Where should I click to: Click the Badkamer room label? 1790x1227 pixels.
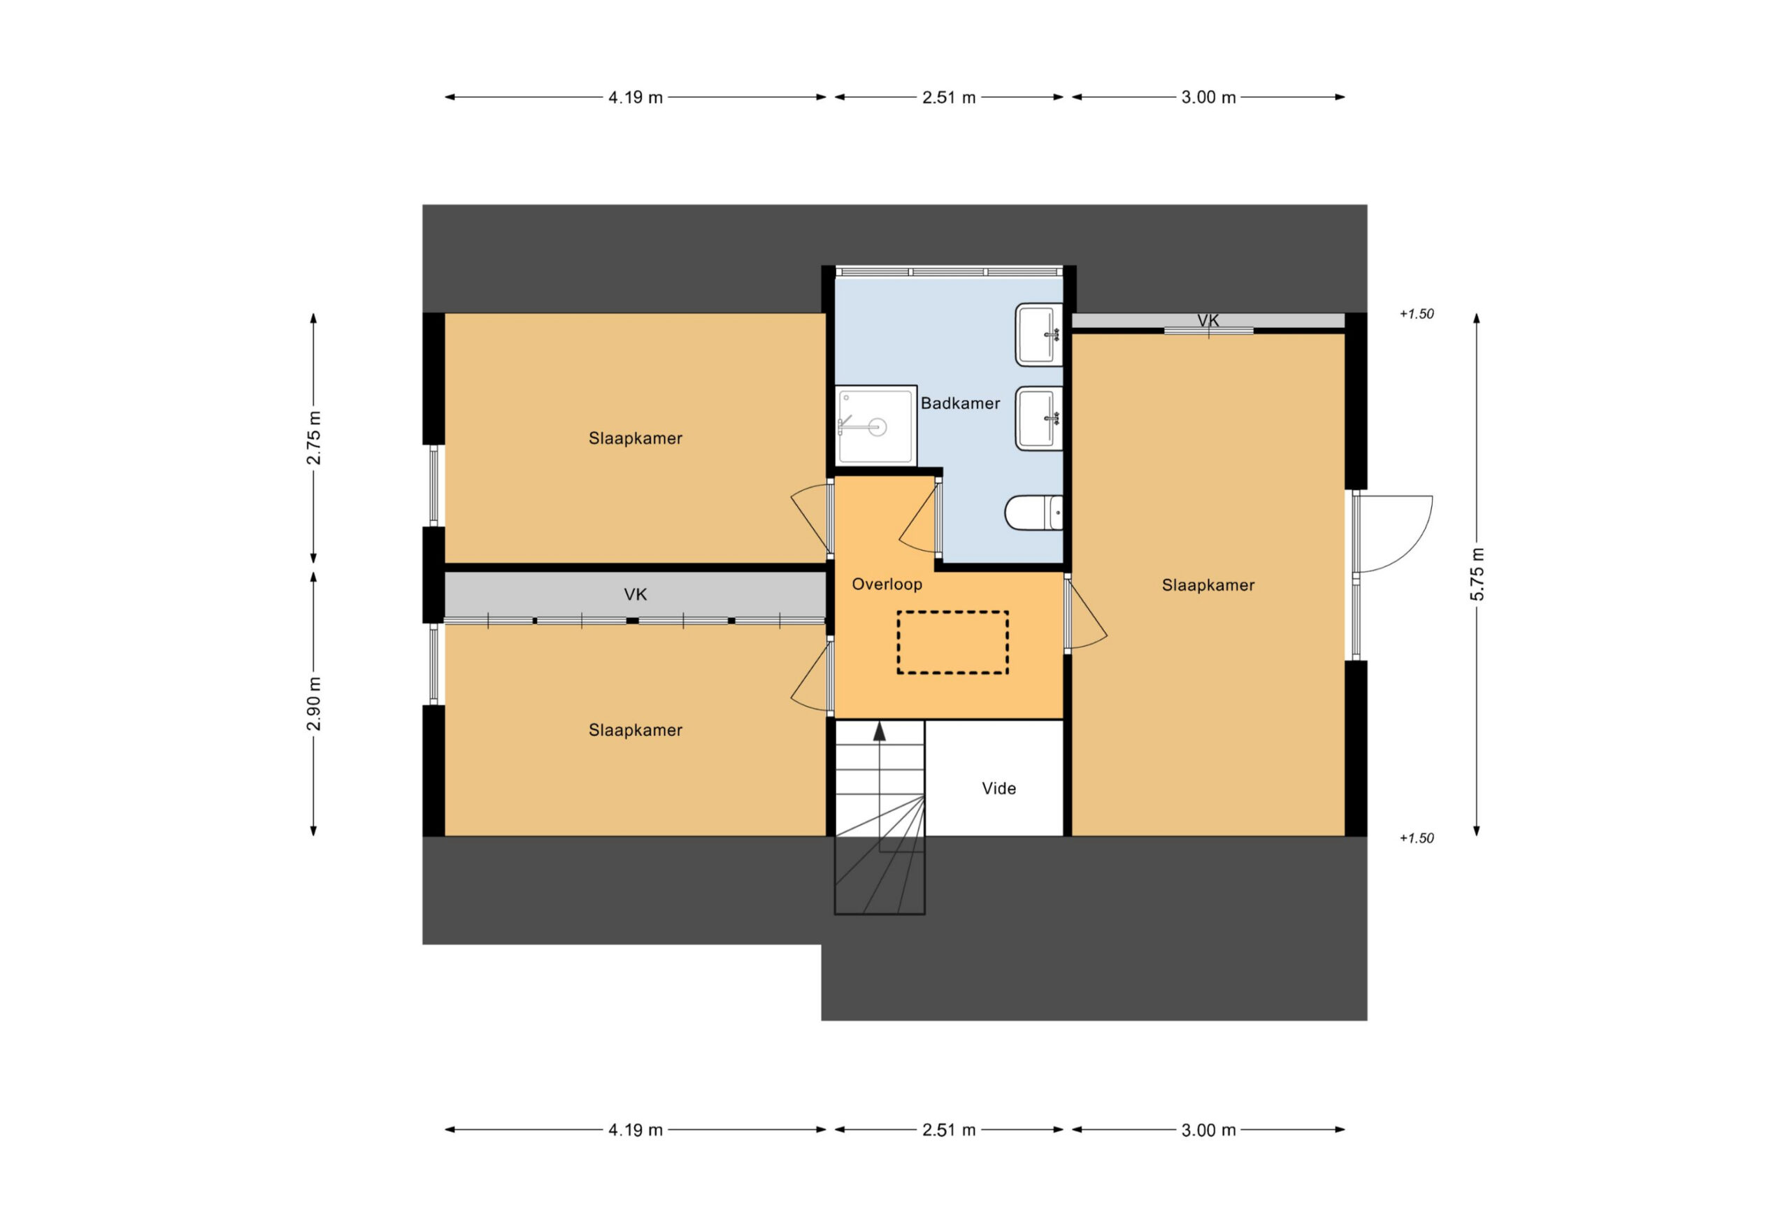(960, 403)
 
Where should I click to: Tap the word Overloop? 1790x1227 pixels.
(887, 584)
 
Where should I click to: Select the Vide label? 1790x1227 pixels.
(998, 788)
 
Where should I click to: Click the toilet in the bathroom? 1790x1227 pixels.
(1033, 513)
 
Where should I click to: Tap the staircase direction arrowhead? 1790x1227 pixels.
(879, 731)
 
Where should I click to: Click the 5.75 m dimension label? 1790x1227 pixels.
(1477, 574)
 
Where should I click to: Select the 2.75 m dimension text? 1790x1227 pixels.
(313, 438)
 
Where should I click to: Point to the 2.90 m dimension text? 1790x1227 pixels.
(313, 704)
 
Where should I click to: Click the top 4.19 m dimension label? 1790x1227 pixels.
(636, 97)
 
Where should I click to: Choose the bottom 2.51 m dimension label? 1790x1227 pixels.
(949, 1130)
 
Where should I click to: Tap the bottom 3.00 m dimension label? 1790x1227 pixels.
(1208, 1130)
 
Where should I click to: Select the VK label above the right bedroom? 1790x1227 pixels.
(1208, 320)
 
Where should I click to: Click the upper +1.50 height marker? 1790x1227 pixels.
(1417, 313)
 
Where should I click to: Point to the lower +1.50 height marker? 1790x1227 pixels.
(1417, 838)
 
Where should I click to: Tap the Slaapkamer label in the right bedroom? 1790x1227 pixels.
(1208, 585)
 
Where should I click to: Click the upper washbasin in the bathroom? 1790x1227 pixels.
(1038, 334)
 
